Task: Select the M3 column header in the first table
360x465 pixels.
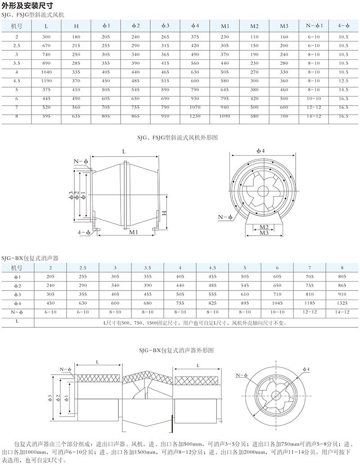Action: [283, 26]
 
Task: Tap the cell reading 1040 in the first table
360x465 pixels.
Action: [46, 72]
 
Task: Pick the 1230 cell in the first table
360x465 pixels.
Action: [195, 116]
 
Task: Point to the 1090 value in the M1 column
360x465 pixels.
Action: [225, 116]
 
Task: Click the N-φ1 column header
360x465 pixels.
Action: [314, 26]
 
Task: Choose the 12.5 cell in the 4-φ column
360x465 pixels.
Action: [343, 80]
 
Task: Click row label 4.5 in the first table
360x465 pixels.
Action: [17, 80]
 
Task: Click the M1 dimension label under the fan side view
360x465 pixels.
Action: [133, 232]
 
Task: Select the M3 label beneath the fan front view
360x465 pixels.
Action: [264, 233]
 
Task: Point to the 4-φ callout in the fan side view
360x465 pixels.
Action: [83, 232]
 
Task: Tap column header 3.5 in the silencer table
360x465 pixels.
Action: [147, 268]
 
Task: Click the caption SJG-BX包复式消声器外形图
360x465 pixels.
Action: [180, 349]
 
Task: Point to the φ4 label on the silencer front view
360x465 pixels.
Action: [306, 369]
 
